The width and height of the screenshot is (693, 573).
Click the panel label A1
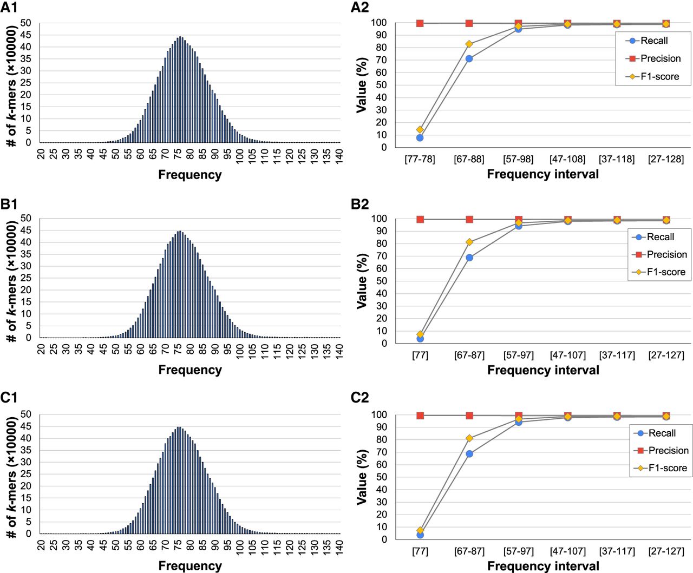[9, 8]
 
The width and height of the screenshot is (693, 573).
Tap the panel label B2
[360, 204]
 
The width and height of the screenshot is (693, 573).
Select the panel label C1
[9, 398]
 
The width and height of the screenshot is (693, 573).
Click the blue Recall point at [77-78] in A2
[420, 138]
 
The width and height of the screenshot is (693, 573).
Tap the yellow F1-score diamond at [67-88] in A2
[469, 44]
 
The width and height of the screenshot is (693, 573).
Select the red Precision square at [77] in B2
[420, 219]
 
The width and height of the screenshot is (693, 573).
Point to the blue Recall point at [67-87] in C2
[469, 454]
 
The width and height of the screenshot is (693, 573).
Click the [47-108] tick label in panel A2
[567, 159]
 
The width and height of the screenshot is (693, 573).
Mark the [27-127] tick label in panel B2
[666, 355]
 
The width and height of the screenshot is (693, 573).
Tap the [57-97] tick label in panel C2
[519, 551]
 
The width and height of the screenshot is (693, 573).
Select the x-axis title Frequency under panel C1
[190, 566]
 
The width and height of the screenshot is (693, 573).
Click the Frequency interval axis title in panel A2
[543, 174]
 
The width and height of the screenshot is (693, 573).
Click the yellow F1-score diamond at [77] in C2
[420, 531]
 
